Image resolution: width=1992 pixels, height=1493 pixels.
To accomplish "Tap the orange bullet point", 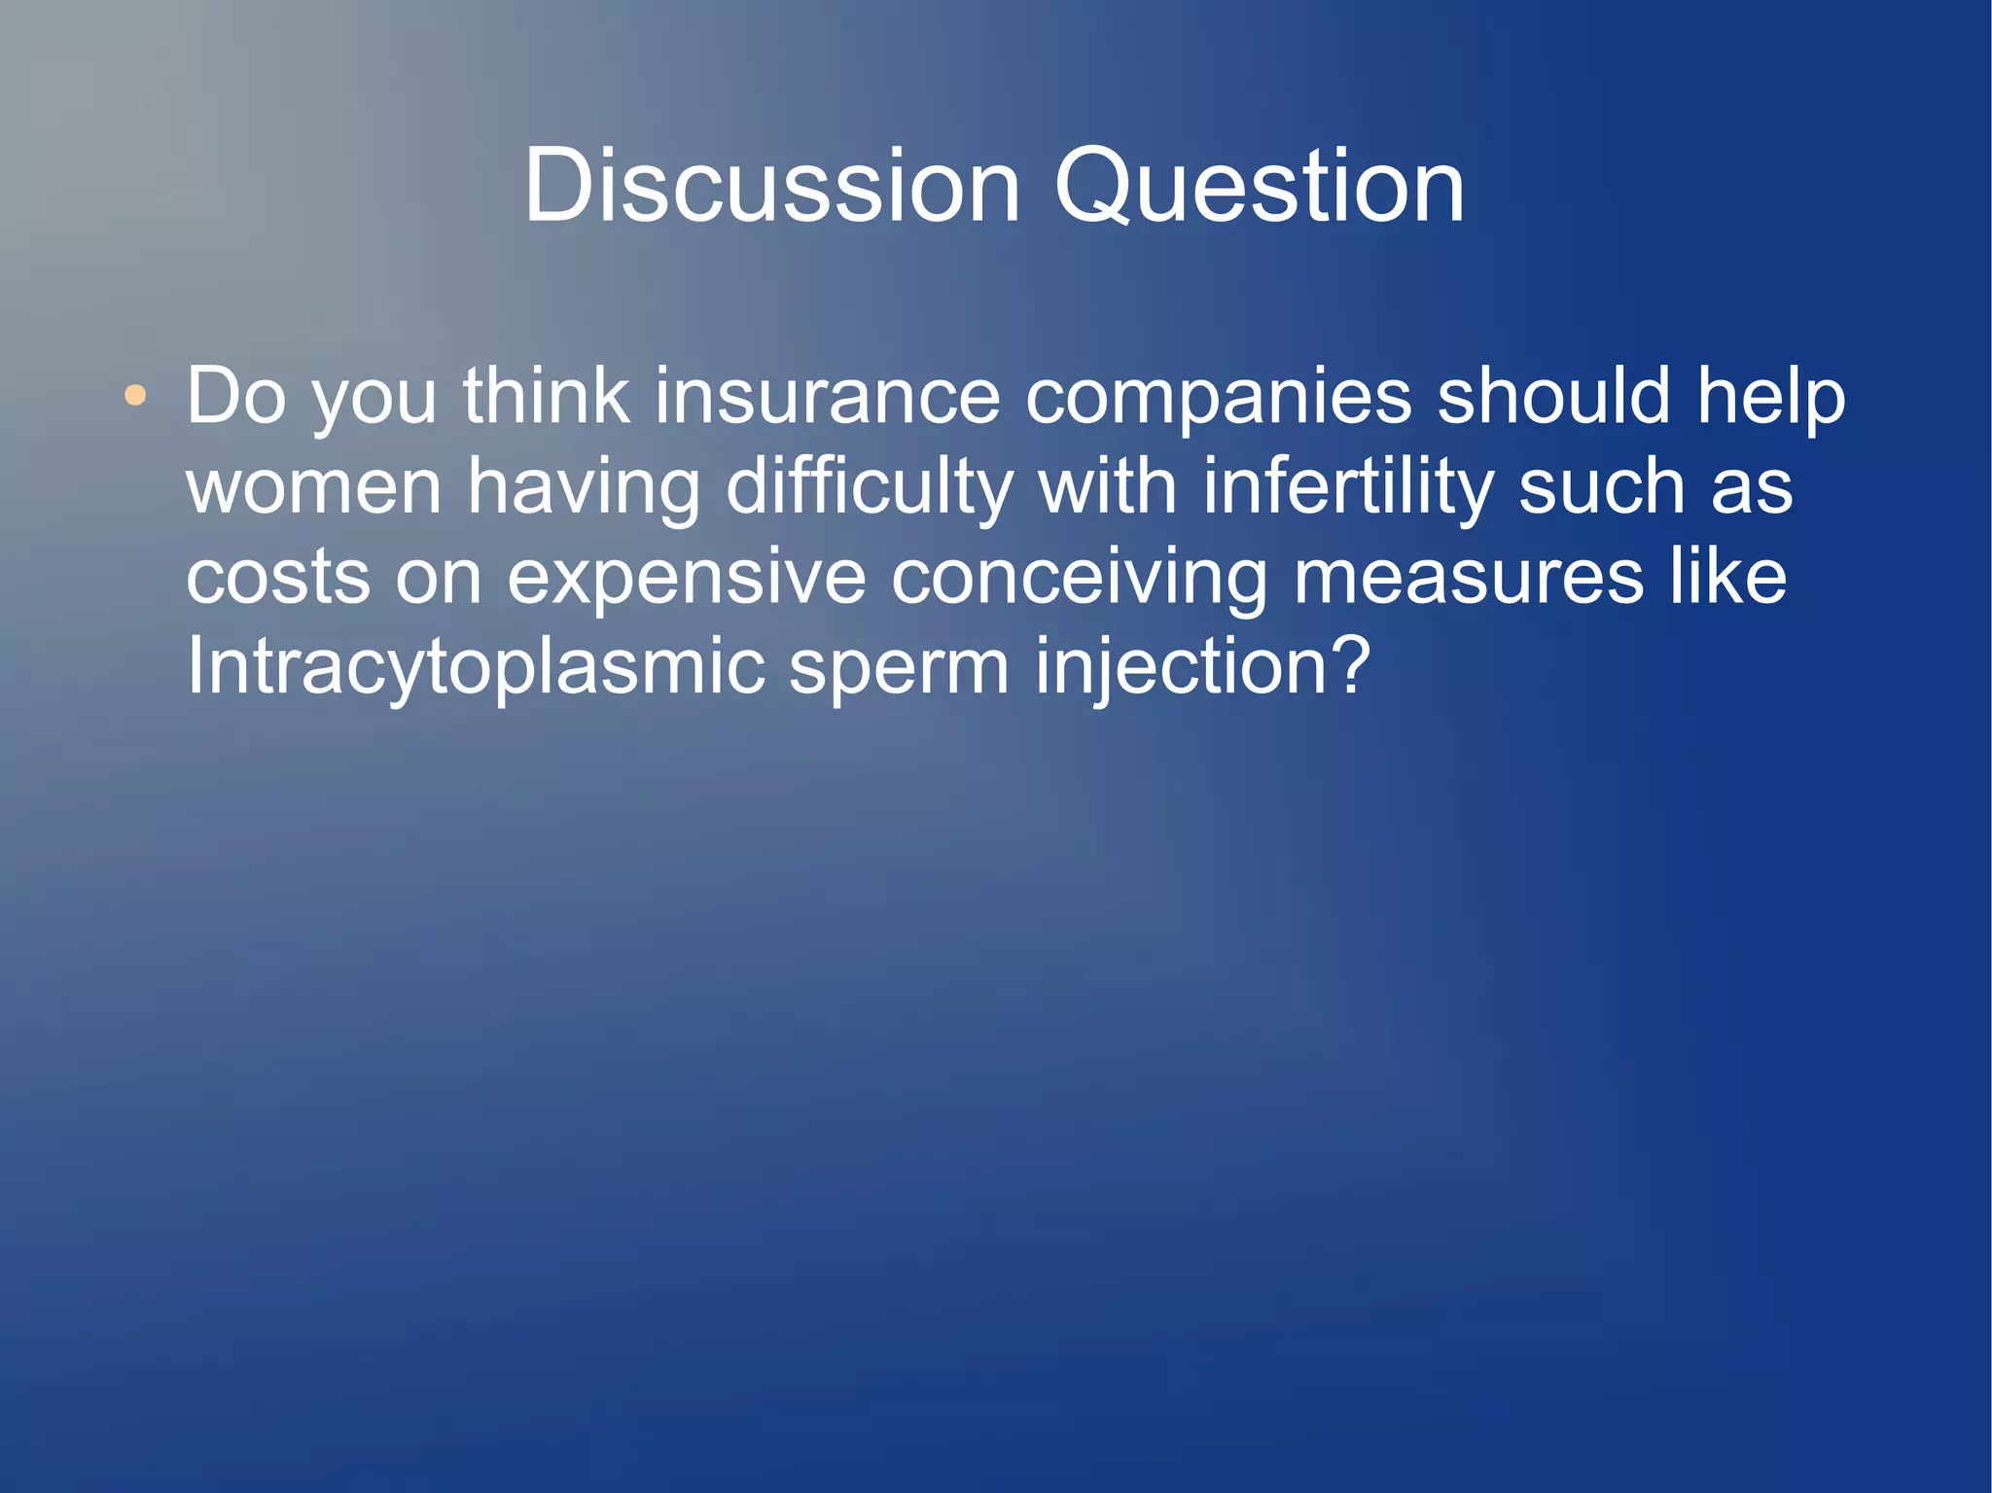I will click(x=136, y=396).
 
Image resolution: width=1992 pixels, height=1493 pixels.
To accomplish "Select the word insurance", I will click(x=827, y=396).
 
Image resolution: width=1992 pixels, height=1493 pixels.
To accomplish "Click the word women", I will click(x=314, y=486).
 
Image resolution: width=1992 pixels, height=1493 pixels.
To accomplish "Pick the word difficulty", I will click(x=870, y=486).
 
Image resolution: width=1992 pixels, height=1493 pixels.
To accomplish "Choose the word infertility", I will click(x=1348, y=486).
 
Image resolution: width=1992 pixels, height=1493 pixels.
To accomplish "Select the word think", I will click(x=546, y=396).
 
